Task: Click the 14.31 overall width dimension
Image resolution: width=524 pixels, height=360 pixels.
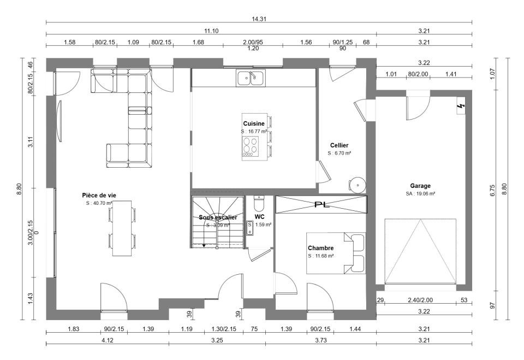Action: point(259,19)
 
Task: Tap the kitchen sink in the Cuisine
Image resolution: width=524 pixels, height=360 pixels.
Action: point(251,78)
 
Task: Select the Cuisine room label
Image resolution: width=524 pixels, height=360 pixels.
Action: point(254,124)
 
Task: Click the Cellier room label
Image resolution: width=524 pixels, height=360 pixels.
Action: point(339,145)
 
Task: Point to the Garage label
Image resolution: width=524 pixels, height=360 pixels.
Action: point(420,186)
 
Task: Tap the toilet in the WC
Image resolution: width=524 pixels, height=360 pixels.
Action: point(259,202)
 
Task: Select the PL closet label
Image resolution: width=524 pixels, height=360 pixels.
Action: point(322,204)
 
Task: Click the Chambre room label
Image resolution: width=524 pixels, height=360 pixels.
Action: point(320,248)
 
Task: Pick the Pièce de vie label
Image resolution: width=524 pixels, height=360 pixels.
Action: point(99,196)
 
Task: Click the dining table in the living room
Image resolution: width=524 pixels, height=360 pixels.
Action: point(122,228)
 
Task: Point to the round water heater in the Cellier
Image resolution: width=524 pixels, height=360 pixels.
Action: point(358,185)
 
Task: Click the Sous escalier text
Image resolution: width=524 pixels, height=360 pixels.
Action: point(218,217)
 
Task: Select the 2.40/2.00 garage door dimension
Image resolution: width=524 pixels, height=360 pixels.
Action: point(420,300)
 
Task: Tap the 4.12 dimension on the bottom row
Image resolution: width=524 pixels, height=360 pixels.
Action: point(108,340)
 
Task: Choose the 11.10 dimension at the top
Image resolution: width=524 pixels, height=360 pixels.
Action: point(211,31)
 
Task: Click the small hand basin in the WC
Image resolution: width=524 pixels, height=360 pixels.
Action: point(249,228)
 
